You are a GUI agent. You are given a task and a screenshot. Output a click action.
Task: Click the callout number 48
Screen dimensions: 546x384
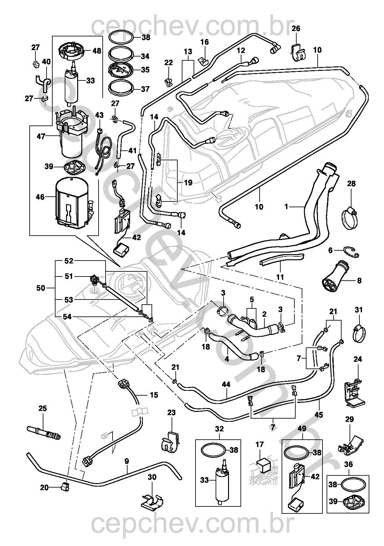[x=97, y=50]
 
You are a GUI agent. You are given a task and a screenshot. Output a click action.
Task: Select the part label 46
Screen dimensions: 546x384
[x=40, y=197]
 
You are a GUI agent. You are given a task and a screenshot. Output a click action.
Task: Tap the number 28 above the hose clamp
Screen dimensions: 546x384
[x=351, y=184]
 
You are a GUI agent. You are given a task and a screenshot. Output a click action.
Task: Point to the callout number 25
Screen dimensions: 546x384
[x=42, y=408]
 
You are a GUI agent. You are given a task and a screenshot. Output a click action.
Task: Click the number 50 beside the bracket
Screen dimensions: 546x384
[x=41, y=288]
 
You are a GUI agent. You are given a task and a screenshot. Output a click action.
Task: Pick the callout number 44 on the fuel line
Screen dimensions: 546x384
[x=226, y=385]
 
